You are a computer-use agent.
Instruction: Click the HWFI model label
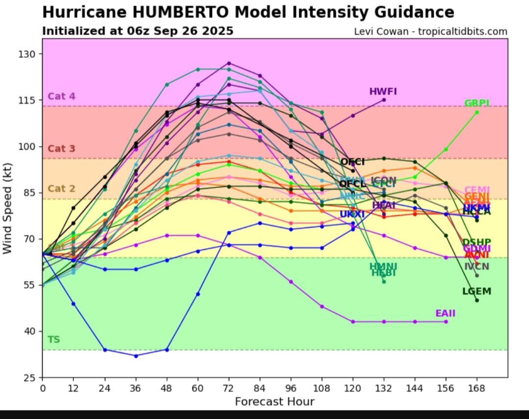pyautogui.click(x=383, y=92)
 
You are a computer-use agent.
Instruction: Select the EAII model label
pyautogui.click(x=445, y=314)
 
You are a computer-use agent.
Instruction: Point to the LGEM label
pyautogui.click(x=477, y=292)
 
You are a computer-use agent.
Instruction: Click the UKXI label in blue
pyautogui.click(x=352, y=215)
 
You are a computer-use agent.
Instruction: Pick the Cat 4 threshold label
pyautogui.click(x=61, y=97)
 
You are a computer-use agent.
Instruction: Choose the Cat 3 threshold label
pyautogui.click(x=61, y=149)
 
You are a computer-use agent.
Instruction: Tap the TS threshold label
pyautogui.click(x=53, y=340)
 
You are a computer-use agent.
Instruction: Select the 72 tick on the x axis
pyautogui.click(x=229, y=388)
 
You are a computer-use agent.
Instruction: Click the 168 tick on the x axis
pyautogui.click(x=477, y=388)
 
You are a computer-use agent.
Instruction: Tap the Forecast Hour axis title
pyautogui.click(x=274, y=402)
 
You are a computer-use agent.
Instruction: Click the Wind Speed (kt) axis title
pyautogui.click(x=7, y=216)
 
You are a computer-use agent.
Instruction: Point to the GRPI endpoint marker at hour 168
pyautogui.click(x=477, y=112)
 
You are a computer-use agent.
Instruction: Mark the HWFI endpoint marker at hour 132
pyautogui.click(x=384, y=99)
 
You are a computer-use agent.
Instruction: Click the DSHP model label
pyautogui.click(x=477, y=243)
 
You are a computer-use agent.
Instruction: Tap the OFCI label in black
pyautogui.click(x=352, y=162)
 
